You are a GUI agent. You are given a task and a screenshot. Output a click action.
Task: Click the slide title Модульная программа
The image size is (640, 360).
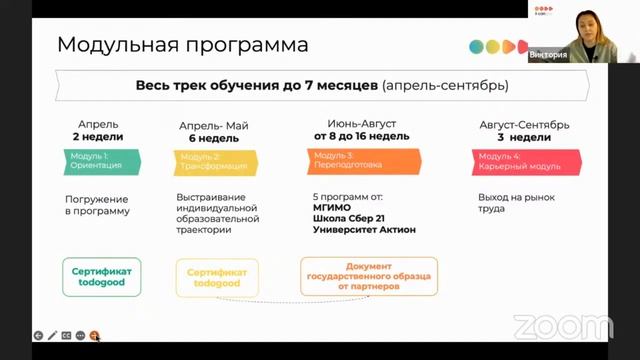[182, 45]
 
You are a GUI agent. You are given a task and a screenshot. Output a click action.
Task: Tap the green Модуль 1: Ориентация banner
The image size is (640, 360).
[95, 161]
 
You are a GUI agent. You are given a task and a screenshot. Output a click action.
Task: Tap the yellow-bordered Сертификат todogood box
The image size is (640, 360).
[217, 277]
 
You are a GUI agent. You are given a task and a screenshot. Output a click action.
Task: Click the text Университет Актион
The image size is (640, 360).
[364, 229]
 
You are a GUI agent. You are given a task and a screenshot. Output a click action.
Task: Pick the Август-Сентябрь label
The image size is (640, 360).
[524, 125]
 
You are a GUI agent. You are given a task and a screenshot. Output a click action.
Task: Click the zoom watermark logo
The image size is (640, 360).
[563, 327]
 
